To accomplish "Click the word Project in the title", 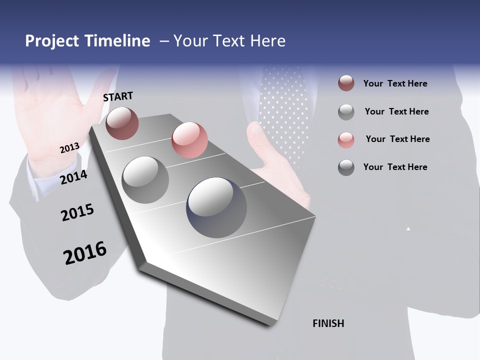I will tap(52, 41).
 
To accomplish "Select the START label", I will tap(118, 96).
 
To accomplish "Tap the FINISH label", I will tap(328, 323).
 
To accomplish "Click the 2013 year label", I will tap(69, 148).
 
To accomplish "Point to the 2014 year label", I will tap(74, 177).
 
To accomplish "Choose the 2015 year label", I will tap(77, 212).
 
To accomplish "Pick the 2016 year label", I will tap(85, 253).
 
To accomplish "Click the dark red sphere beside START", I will tap(122, 123).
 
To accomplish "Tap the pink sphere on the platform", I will tap(189, 140).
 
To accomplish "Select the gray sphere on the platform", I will tap(145, 179).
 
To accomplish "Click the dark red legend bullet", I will tap(346, 83).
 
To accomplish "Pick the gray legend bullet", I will tap(346, 111).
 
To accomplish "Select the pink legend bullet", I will tap(346, 139).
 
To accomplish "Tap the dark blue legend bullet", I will tap(346, 167).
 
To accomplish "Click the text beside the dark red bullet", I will tap(395, 83).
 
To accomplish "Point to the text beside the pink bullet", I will tap(397, 139).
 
